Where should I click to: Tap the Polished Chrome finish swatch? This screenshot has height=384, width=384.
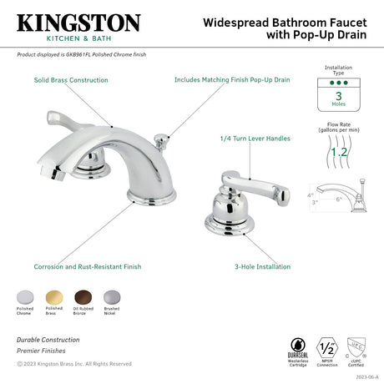coord(25,296)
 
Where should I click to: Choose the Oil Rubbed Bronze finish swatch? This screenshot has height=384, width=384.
coord(81,296)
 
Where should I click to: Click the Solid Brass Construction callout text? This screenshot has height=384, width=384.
coord(71,80)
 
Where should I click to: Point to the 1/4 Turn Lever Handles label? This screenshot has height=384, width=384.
coord(255,138)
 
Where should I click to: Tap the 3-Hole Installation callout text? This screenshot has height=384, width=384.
coord(262,266)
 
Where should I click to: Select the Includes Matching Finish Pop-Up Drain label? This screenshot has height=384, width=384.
coord(231,80)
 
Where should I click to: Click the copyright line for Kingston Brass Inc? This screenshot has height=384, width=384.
coord(73,363)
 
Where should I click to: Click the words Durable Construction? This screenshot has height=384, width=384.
coord(48,339)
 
